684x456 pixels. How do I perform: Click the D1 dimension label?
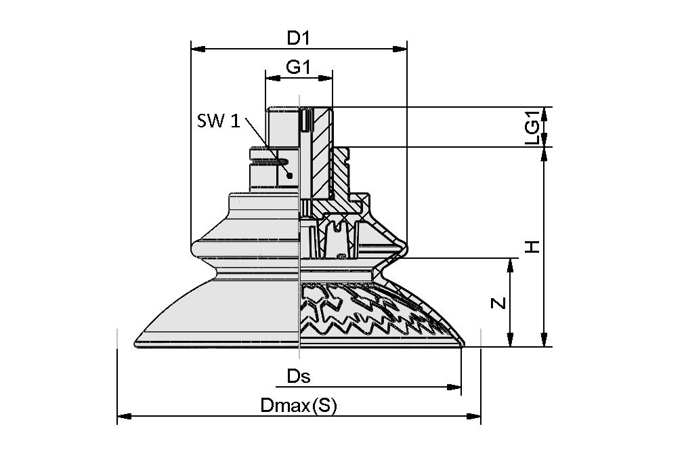[x=298, y=38]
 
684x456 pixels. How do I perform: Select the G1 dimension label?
[x=298, y=67]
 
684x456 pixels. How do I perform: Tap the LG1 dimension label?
[x=533, y=127]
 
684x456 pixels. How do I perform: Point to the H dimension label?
[x=533, y=247]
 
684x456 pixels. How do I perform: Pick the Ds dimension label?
[x=298, y=376]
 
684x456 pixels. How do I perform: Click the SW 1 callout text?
[x=218, y=121]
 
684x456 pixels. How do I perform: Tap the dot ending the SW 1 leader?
[x=290, y=175]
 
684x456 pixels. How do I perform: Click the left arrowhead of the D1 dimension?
[x=196, y=49]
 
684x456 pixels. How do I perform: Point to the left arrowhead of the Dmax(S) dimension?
[x=122, y=416]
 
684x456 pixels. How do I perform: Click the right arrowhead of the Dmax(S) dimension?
[x=475, y=416]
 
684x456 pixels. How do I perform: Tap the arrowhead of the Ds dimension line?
[x=456, y=387]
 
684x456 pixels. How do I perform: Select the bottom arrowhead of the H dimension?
[x=544, y=341]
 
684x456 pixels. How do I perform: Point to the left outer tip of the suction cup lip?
[x=137, y=341]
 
